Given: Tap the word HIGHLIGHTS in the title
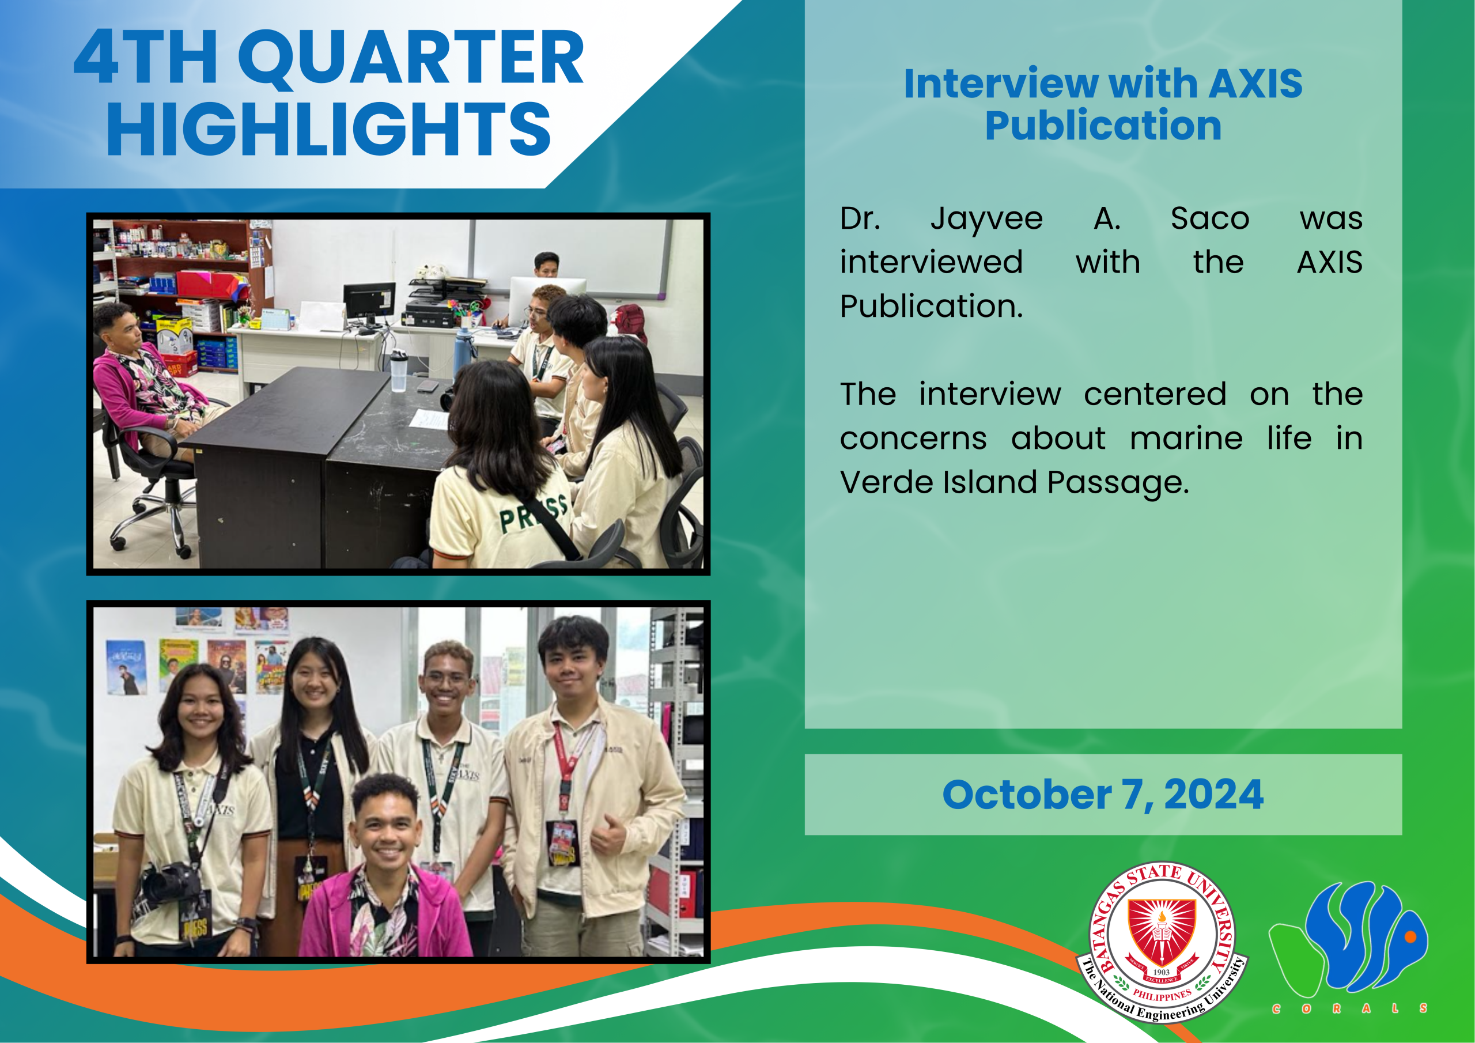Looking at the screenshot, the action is point(328,129).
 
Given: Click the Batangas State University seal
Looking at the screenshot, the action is point(1162,942).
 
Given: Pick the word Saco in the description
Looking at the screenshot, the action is point(1210,218).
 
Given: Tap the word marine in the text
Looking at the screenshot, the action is point(1186,439).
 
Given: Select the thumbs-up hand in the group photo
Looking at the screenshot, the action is point(607,836).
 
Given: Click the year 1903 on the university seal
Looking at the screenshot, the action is point(1161,972).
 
